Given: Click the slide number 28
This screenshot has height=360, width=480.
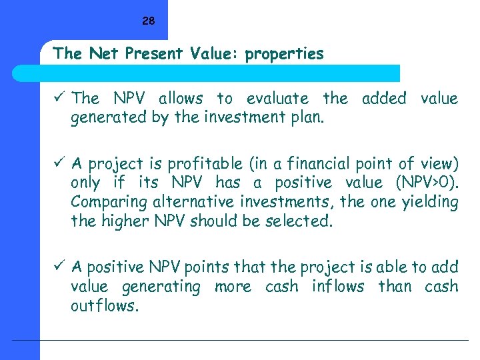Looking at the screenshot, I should (x=148, y=21).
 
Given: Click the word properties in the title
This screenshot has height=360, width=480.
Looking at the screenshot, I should (x=284, y=54).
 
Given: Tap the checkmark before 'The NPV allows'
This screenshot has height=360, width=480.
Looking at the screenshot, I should (x=60, y=98).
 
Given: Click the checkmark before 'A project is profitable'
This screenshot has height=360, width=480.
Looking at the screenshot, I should (x=60, y=163).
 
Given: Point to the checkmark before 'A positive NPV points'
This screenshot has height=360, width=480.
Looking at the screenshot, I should (x=60, y=267).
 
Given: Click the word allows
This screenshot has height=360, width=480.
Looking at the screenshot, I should (x=181, y=99).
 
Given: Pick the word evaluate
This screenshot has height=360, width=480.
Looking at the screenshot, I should (x=277, y=99).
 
